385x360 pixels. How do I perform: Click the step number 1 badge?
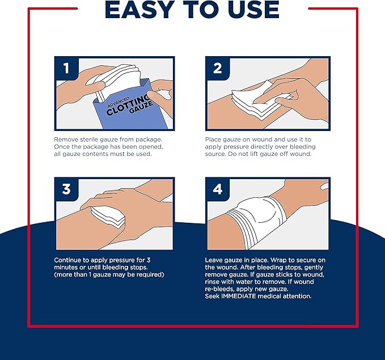coord(66,69)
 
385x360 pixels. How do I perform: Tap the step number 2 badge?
coord(217,69)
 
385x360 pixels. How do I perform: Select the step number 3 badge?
coord(66,189)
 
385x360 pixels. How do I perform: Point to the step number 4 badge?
coord(217,189)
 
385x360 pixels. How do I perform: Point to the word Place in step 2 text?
coord(214,139)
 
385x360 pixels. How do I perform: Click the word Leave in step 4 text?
coord(215,260)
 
